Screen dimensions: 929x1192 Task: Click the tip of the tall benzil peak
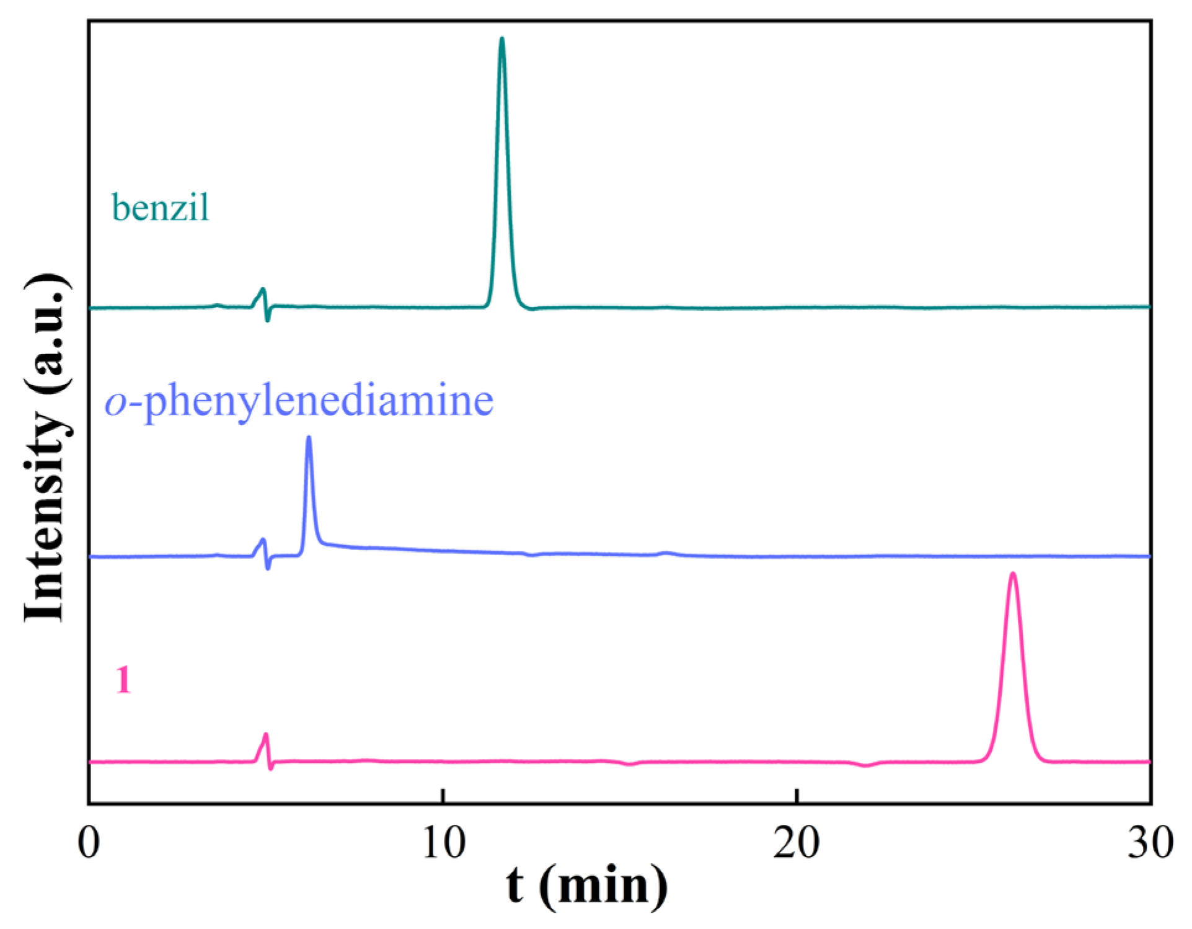(x=501, y=40)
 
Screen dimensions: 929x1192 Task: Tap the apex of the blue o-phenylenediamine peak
(x=309, y=438)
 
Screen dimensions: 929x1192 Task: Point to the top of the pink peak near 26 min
(x=1013, y=574)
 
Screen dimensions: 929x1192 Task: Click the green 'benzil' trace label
(x=161, y=207)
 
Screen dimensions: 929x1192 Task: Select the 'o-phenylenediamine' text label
(x=299, y=401)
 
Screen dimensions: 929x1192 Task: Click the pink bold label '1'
(x=123, y=680)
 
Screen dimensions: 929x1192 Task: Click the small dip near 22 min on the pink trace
(x=867, y=765)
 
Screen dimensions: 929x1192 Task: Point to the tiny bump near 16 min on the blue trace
(x=666, y=552)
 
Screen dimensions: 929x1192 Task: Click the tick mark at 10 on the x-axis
(x=443, y=797)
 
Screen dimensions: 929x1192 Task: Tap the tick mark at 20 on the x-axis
(x=797, y=797)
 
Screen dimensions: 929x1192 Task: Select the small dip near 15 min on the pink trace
(x=630, y=764)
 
